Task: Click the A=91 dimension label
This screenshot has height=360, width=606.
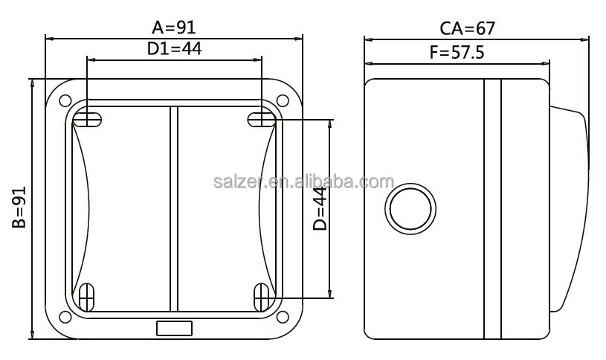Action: click(173, 28)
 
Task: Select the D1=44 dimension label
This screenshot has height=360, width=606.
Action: click(174, 49)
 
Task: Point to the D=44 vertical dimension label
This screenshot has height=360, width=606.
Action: click(320, 208)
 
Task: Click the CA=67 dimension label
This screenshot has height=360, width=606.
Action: click(467, 28)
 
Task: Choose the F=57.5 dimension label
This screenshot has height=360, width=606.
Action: click(457, 52)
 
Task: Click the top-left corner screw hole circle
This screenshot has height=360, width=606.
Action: click(65, 100)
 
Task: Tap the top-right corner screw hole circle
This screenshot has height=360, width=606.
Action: click(283, 100)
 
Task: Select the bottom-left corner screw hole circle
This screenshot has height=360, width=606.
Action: click(65, 318)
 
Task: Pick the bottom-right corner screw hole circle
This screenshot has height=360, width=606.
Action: click(283, 318)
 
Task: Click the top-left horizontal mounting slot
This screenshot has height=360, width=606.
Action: click(88, 118)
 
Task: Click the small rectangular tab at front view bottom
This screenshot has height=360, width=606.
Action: click(174, 328)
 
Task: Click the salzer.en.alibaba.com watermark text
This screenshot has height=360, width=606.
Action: click(303, 182)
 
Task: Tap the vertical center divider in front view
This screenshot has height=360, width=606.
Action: click(174, 208)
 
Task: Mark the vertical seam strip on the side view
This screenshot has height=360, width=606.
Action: click(492, 208)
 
